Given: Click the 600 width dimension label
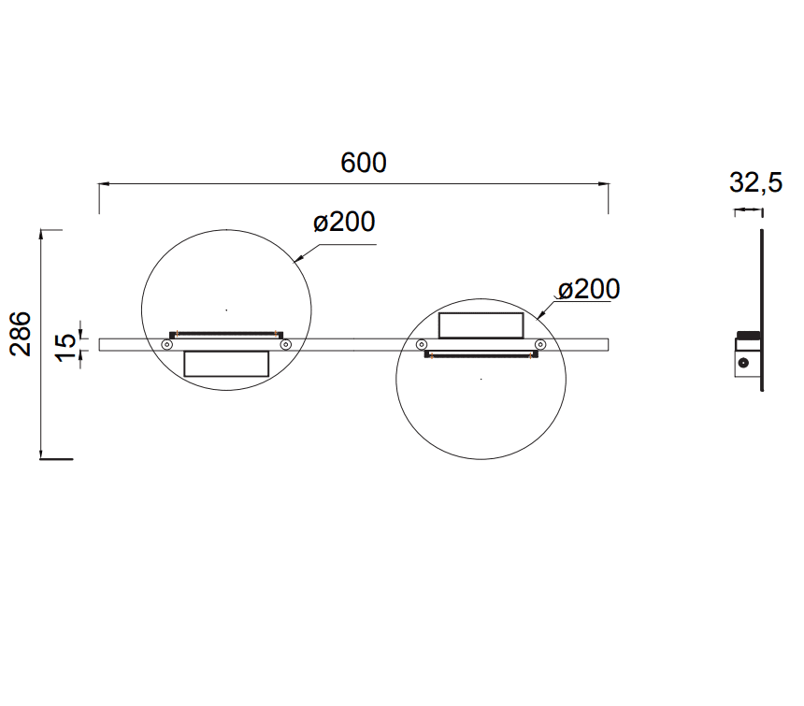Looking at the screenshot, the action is click(x=364, y=163).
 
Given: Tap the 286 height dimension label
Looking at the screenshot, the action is click(x=21, y=334).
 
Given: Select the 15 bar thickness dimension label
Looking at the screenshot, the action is click(x=65, y=348).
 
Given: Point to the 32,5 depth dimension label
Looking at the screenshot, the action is click(x=755, y=182).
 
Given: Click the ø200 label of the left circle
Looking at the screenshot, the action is click(x=344, y=222).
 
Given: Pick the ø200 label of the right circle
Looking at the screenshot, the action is click(x=589, y=289).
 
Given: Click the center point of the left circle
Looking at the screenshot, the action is click(x=226, y=310).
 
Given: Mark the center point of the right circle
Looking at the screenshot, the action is click(x=481, y=379).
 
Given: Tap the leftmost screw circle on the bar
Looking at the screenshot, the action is click(x=166, y=345).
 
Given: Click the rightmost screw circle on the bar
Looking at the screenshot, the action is click(x=540, y=344).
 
